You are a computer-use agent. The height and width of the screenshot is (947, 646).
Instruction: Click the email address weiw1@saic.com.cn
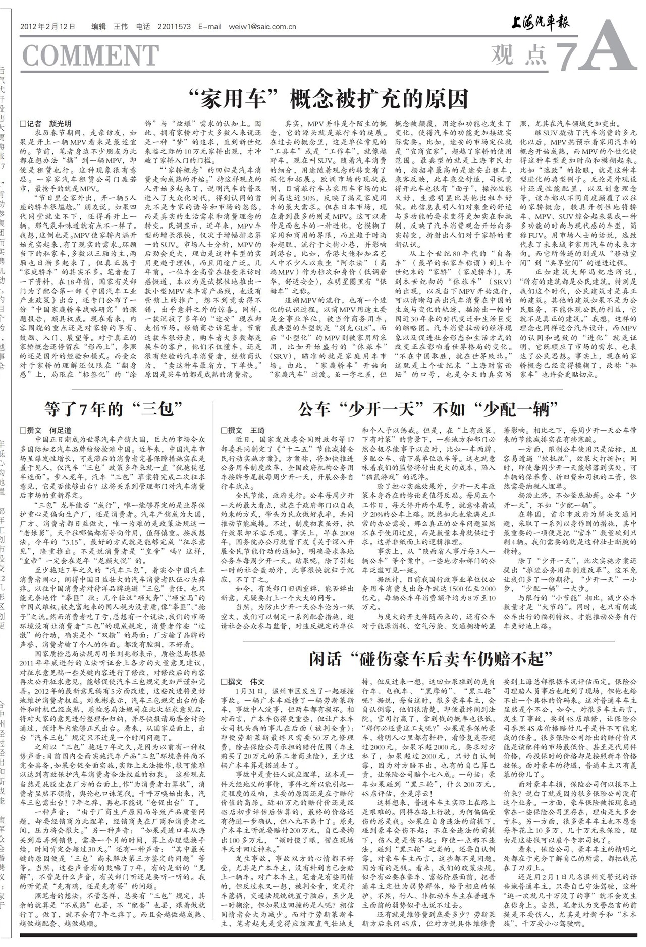[262, 27]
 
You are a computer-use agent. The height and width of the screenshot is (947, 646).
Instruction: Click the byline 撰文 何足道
[45, 430]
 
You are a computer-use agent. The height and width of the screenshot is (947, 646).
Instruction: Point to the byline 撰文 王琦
[243, 430]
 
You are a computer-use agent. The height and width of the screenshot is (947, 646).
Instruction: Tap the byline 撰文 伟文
[243, 681]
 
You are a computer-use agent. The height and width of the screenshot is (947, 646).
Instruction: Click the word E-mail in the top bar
[210, 27]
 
